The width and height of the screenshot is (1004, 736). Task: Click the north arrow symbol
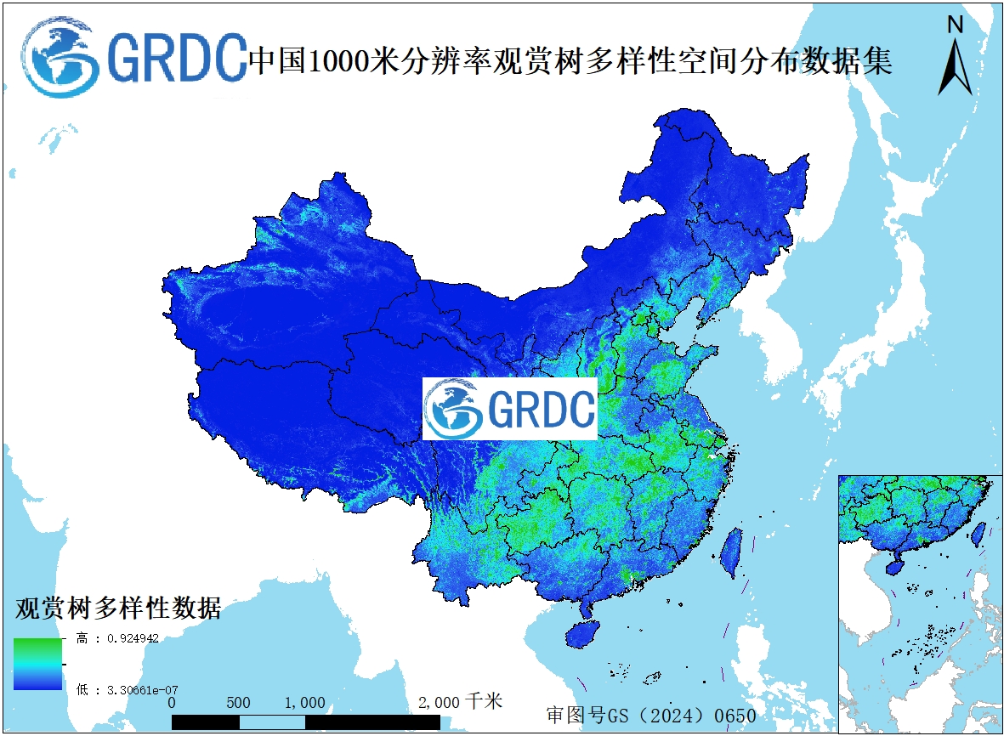coord(955,66)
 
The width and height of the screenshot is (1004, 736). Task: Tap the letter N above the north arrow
coord(955,25)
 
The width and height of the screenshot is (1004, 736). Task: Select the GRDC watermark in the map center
coord(510,409)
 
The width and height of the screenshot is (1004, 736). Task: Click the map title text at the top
coord(570,61)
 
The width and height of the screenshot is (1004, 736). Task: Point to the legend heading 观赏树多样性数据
coord(118,609)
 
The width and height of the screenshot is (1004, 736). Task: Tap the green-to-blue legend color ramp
coord(37,663)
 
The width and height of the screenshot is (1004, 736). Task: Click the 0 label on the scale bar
coord(172,703)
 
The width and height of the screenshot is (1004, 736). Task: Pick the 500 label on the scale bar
coord(239,703)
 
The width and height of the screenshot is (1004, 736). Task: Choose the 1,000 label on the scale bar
coord(304,703)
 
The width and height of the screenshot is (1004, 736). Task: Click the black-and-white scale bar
coord(306,722)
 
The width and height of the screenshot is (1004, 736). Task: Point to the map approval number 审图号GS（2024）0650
coord(651,715)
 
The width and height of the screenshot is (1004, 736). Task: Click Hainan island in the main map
coord(584,634)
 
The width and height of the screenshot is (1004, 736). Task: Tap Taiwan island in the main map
coord(730,553)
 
